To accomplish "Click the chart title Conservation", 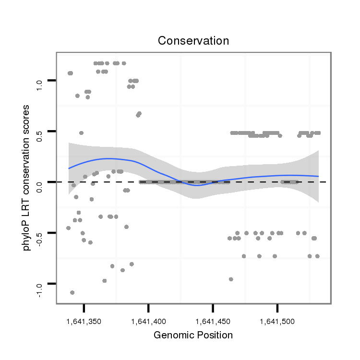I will [193, 41].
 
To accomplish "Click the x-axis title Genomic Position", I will [193, 335].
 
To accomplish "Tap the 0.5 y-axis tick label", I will [40, 136].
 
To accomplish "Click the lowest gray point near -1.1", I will [72, 292].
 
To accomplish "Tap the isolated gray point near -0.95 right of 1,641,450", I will [231, 279].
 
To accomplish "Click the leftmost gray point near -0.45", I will [68, 228].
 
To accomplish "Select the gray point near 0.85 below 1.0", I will [77, 96].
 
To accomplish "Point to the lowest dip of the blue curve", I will [209, 185].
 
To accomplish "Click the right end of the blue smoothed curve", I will [318, 176].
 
